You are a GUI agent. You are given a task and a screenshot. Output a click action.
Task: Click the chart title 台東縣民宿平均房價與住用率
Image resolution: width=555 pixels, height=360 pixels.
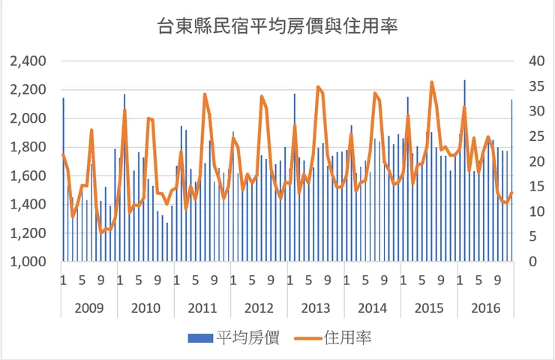point(277,28)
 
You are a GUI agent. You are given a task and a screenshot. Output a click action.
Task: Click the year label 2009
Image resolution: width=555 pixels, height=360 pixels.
point(89,307)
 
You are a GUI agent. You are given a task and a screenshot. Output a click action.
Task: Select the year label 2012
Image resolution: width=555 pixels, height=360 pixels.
point(259,307)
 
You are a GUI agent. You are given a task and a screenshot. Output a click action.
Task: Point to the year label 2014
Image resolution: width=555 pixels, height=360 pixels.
point(372,307)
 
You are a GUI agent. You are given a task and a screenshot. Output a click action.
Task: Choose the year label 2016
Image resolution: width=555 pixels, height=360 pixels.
point(485,307)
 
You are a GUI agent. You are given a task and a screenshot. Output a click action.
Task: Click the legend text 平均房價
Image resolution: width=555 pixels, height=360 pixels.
point(247,338)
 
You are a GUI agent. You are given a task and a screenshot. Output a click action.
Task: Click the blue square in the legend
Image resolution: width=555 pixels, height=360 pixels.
point(197,339)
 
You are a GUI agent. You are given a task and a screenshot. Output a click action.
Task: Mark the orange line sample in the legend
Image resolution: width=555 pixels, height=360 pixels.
point(307,339)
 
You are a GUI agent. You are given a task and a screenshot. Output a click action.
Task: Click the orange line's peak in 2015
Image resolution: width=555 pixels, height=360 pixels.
point(431,82)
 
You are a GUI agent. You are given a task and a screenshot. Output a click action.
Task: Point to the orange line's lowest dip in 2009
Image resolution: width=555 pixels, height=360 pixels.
point(101,232)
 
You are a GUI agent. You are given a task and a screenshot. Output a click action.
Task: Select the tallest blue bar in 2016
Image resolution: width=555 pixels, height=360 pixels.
point(464,80)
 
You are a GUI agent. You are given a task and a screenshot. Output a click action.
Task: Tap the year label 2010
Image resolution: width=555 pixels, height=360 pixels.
point(145,307)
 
